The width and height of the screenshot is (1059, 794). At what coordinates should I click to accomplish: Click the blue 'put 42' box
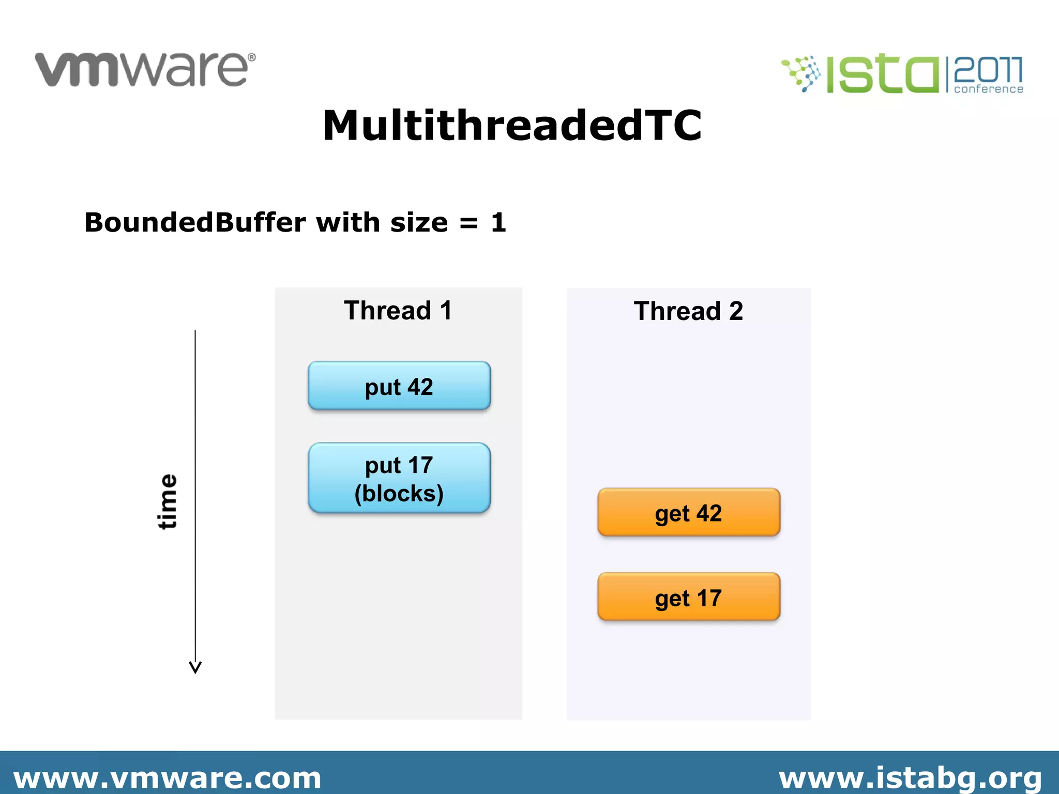coord(399,386)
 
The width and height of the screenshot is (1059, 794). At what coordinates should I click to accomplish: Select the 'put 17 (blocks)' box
coord(399,478)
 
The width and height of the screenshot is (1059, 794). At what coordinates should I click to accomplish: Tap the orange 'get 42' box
coord(688,512)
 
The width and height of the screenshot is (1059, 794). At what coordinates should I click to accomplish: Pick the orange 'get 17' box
coord(688,597)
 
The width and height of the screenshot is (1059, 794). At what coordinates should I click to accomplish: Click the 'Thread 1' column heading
coord(398,311)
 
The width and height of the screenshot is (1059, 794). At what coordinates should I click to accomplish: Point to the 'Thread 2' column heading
coord(688,311)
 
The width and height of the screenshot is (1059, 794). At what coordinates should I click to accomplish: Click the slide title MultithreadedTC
coord(512,126)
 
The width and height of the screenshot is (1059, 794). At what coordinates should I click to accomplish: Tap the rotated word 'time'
coord(167,501)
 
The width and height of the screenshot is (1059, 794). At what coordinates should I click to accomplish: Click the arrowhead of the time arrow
coord(195,667)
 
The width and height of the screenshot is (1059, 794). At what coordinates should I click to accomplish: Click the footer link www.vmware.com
coord(167,778)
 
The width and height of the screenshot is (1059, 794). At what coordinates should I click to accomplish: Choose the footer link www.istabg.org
coord(910,778)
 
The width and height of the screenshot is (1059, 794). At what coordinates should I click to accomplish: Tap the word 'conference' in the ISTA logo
coord(988,89)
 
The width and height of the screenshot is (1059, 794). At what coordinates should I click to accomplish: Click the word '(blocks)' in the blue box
coord(399,494)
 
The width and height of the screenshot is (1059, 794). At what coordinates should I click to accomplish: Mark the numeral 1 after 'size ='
coord(498,223)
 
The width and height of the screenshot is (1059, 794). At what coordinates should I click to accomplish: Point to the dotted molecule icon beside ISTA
coord(801,74)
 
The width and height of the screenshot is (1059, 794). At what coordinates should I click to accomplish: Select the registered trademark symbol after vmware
coord(252,57)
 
